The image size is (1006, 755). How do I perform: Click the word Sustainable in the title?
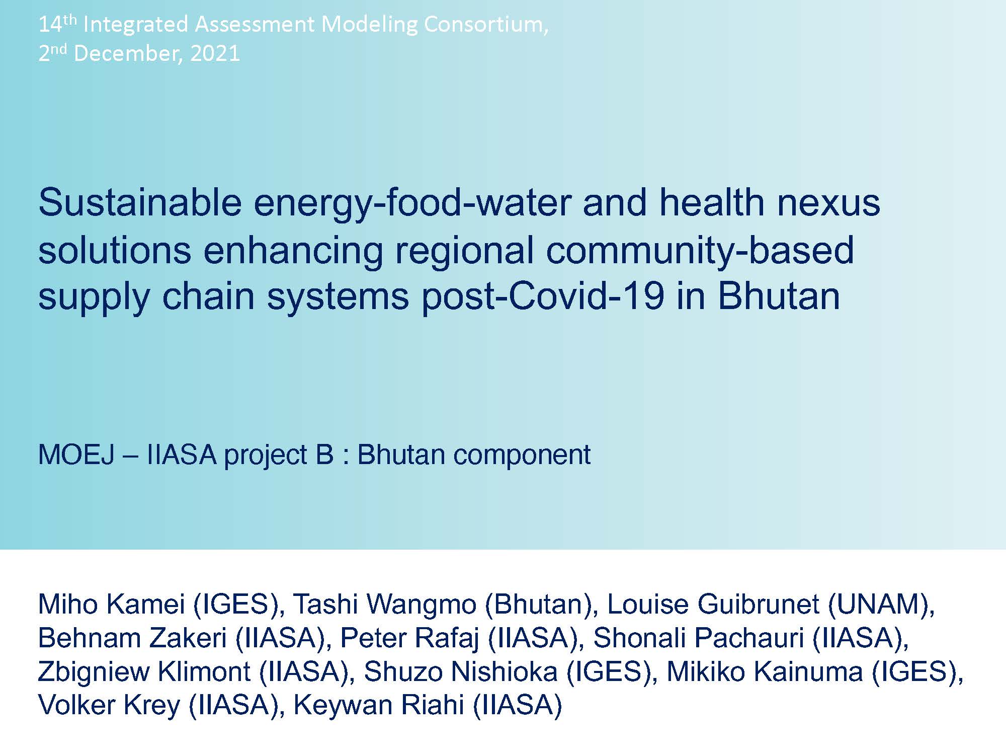[140, 202]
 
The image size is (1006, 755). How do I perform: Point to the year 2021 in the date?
[215, 53]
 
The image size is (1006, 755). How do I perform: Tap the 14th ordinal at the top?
[57, 23]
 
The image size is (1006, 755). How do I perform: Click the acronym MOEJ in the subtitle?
[77, 455]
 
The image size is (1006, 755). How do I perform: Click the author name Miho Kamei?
[112, 604]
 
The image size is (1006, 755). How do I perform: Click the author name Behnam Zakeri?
[132, 638]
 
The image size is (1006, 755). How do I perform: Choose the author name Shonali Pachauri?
[699, 638]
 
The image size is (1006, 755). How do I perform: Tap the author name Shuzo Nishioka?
[461, 671]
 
